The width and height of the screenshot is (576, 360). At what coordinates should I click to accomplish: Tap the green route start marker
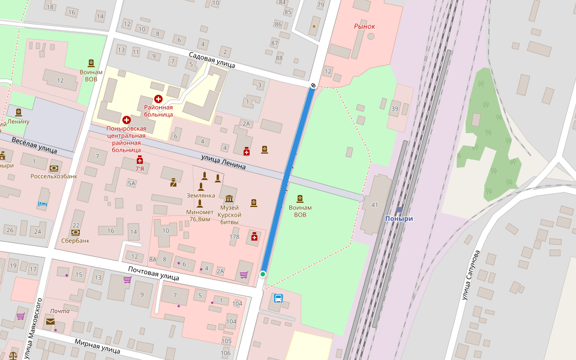[263, 274]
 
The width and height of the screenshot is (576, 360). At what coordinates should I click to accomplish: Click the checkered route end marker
[313, 85]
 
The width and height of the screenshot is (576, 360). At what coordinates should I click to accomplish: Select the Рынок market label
[364, 26]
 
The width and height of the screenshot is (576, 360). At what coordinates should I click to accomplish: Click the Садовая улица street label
[211, 59]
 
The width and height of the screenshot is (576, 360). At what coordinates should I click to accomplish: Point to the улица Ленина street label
[223, 161]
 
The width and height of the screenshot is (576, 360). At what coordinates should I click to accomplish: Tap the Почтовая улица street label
[154, 274]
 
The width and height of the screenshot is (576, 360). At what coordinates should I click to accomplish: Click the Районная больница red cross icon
[158, 98]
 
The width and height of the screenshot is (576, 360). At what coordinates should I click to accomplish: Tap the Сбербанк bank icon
[76, 232]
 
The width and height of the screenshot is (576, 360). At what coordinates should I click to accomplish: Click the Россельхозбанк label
[54, 176]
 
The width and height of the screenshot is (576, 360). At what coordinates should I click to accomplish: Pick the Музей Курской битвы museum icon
[229, 199]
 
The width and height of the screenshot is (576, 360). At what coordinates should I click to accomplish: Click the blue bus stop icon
[278, 298]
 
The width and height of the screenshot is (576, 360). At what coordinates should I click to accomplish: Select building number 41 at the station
[374, 205]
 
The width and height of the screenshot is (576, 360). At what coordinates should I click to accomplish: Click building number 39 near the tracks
[394, 109]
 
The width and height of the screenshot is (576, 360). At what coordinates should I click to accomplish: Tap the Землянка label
[201, 196]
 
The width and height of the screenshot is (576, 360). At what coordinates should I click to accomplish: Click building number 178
[235, 237]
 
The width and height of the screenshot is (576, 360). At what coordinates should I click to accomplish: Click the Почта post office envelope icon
[50, 322]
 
